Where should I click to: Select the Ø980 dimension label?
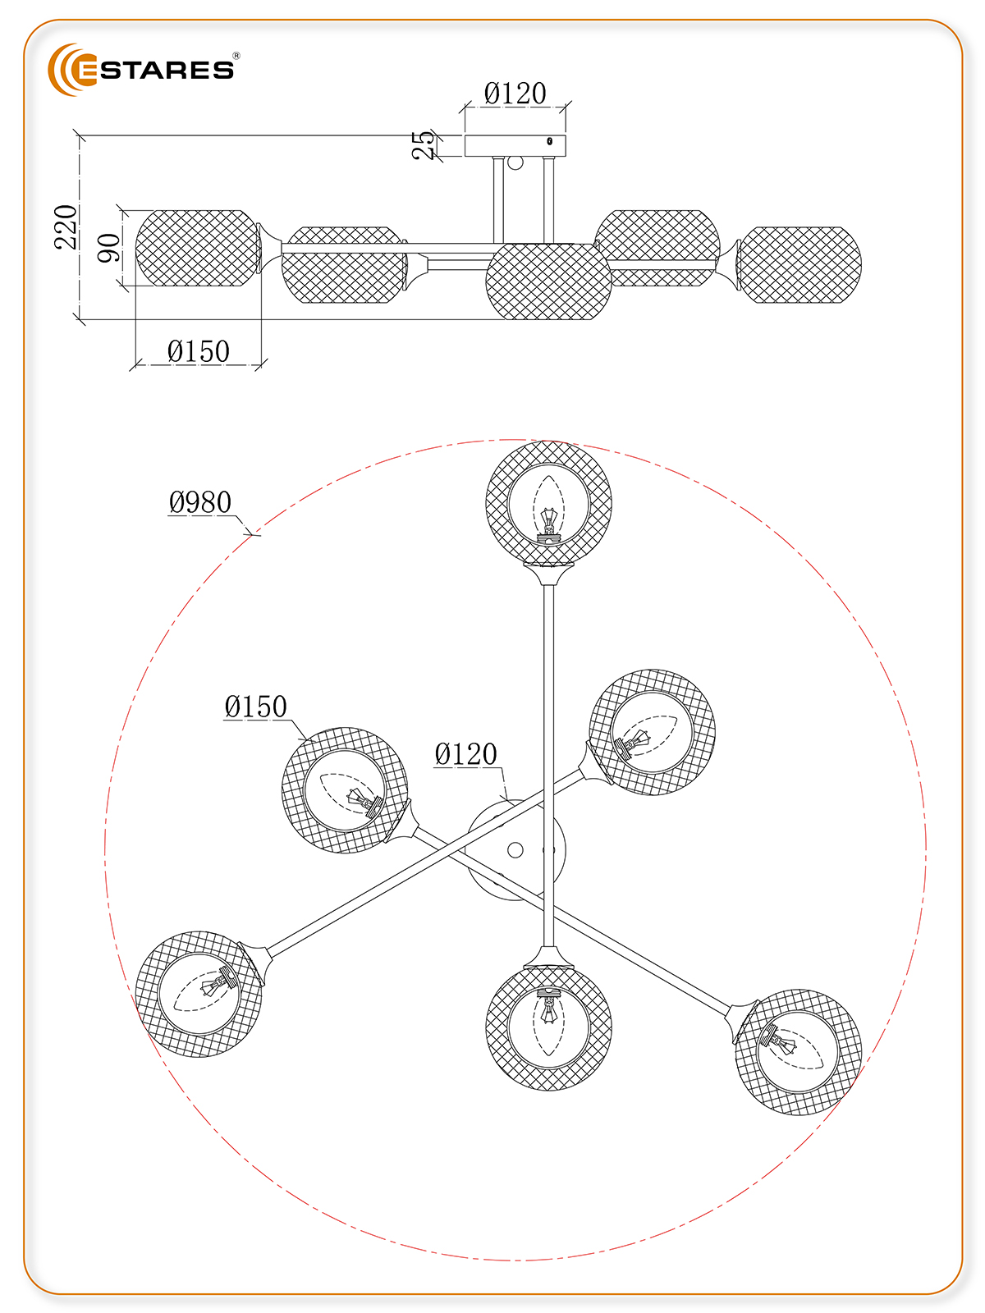(199, 502)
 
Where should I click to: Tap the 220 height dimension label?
(66, 227)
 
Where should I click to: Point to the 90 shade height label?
(108, 248)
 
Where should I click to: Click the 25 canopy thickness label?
(424, 145)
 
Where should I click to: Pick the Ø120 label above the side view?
(515, 94)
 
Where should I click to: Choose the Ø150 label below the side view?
(198, 351)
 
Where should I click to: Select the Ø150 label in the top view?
(255, 707)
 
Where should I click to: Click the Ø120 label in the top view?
(465, 754)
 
